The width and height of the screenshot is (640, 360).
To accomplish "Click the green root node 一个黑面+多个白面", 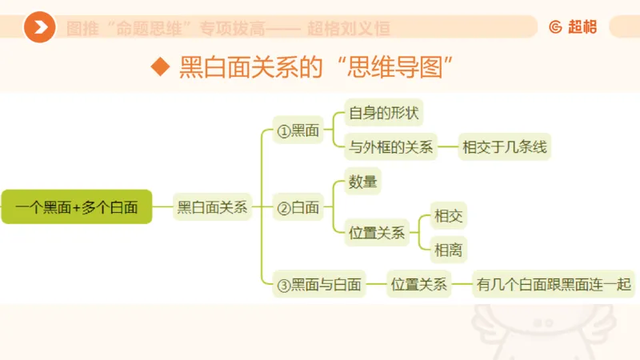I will click(76, 207).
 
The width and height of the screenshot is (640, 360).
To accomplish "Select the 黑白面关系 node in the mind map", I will click(213, 207).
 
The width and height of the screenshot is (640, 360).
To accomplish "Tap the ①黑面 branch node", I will click(298, 130).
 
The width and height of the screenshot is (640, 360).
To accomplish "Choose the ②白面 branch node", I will click(298, 209).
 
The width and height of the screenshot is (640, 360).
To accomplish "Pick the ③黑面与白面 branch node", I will click(318, 284).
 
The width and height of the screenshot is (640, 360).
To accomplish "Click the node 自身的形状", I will click(383, 113).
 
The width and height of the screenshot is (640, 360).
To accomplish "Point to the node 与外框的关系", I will click(391, 147).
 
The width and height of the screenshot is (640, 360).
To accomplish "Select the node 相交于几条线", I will click(506, 147).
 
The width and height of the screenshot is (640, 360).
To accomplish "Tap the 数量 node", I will click(362, 182).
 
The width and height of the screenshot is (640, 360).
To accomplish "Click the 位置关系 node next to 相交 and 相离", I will click(376, 234).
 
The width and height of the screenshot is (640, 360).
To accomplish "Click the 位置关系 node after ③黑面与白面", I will click(418, 284).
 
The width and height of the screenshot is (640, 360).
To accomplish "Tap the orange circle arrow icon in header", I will click(39, 28).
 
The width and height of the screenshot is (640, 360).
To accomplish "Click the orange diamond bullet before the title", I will click(162, 66).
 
